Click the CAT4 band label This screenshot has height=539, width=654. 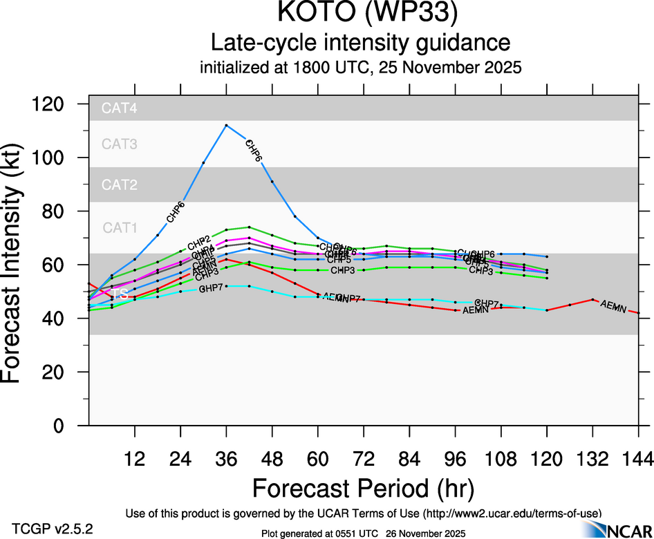(120, 108)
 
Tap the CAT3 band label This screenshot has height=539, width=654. (120, 144)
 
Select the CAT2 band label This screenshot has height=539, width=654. (120, 185)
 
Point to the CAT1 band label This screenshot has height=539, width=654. (120, 227)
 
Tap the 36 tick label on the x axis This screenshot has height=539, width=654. (226, 458)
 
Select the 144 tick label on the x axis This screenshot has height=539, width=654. (637, 458)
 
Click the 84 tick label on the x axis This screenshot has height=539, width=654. (409, 458)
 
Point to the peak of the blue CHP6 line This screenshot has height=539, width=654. (226, 125)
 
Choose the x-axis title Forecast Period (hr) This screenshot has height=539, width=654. (363, 489)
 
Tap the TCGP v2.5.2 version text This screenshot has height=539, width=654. (53, 529)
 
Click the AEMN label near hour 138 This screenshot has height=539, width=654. (614, 306)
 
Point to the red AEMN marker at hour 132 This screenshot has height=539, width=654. (592, 299)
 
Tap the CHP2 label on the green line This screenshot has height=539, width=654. (198, 240)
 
